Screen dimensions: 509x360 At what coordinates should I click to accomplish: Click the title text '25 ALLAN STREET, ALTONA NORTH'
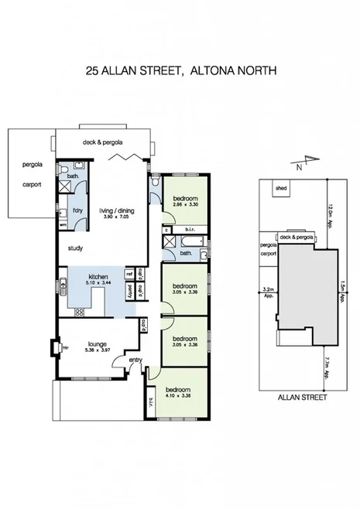(x=180, y=70)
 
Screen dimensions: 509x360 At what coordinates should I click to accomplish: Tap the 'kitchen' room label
(x=98, y=276)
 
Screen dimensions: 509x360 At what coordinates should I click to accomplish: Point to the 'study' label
(x=75, y=248)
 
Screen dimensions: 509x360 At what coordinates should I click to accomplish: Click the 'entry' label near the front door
(x=135, y=360)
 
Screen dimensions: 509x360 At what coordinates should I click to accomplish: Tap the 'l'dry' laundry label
(x=77, y=210)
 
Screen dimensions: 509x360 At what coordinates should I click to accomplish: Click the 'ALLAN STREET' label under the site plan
(x=302, y=398)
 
